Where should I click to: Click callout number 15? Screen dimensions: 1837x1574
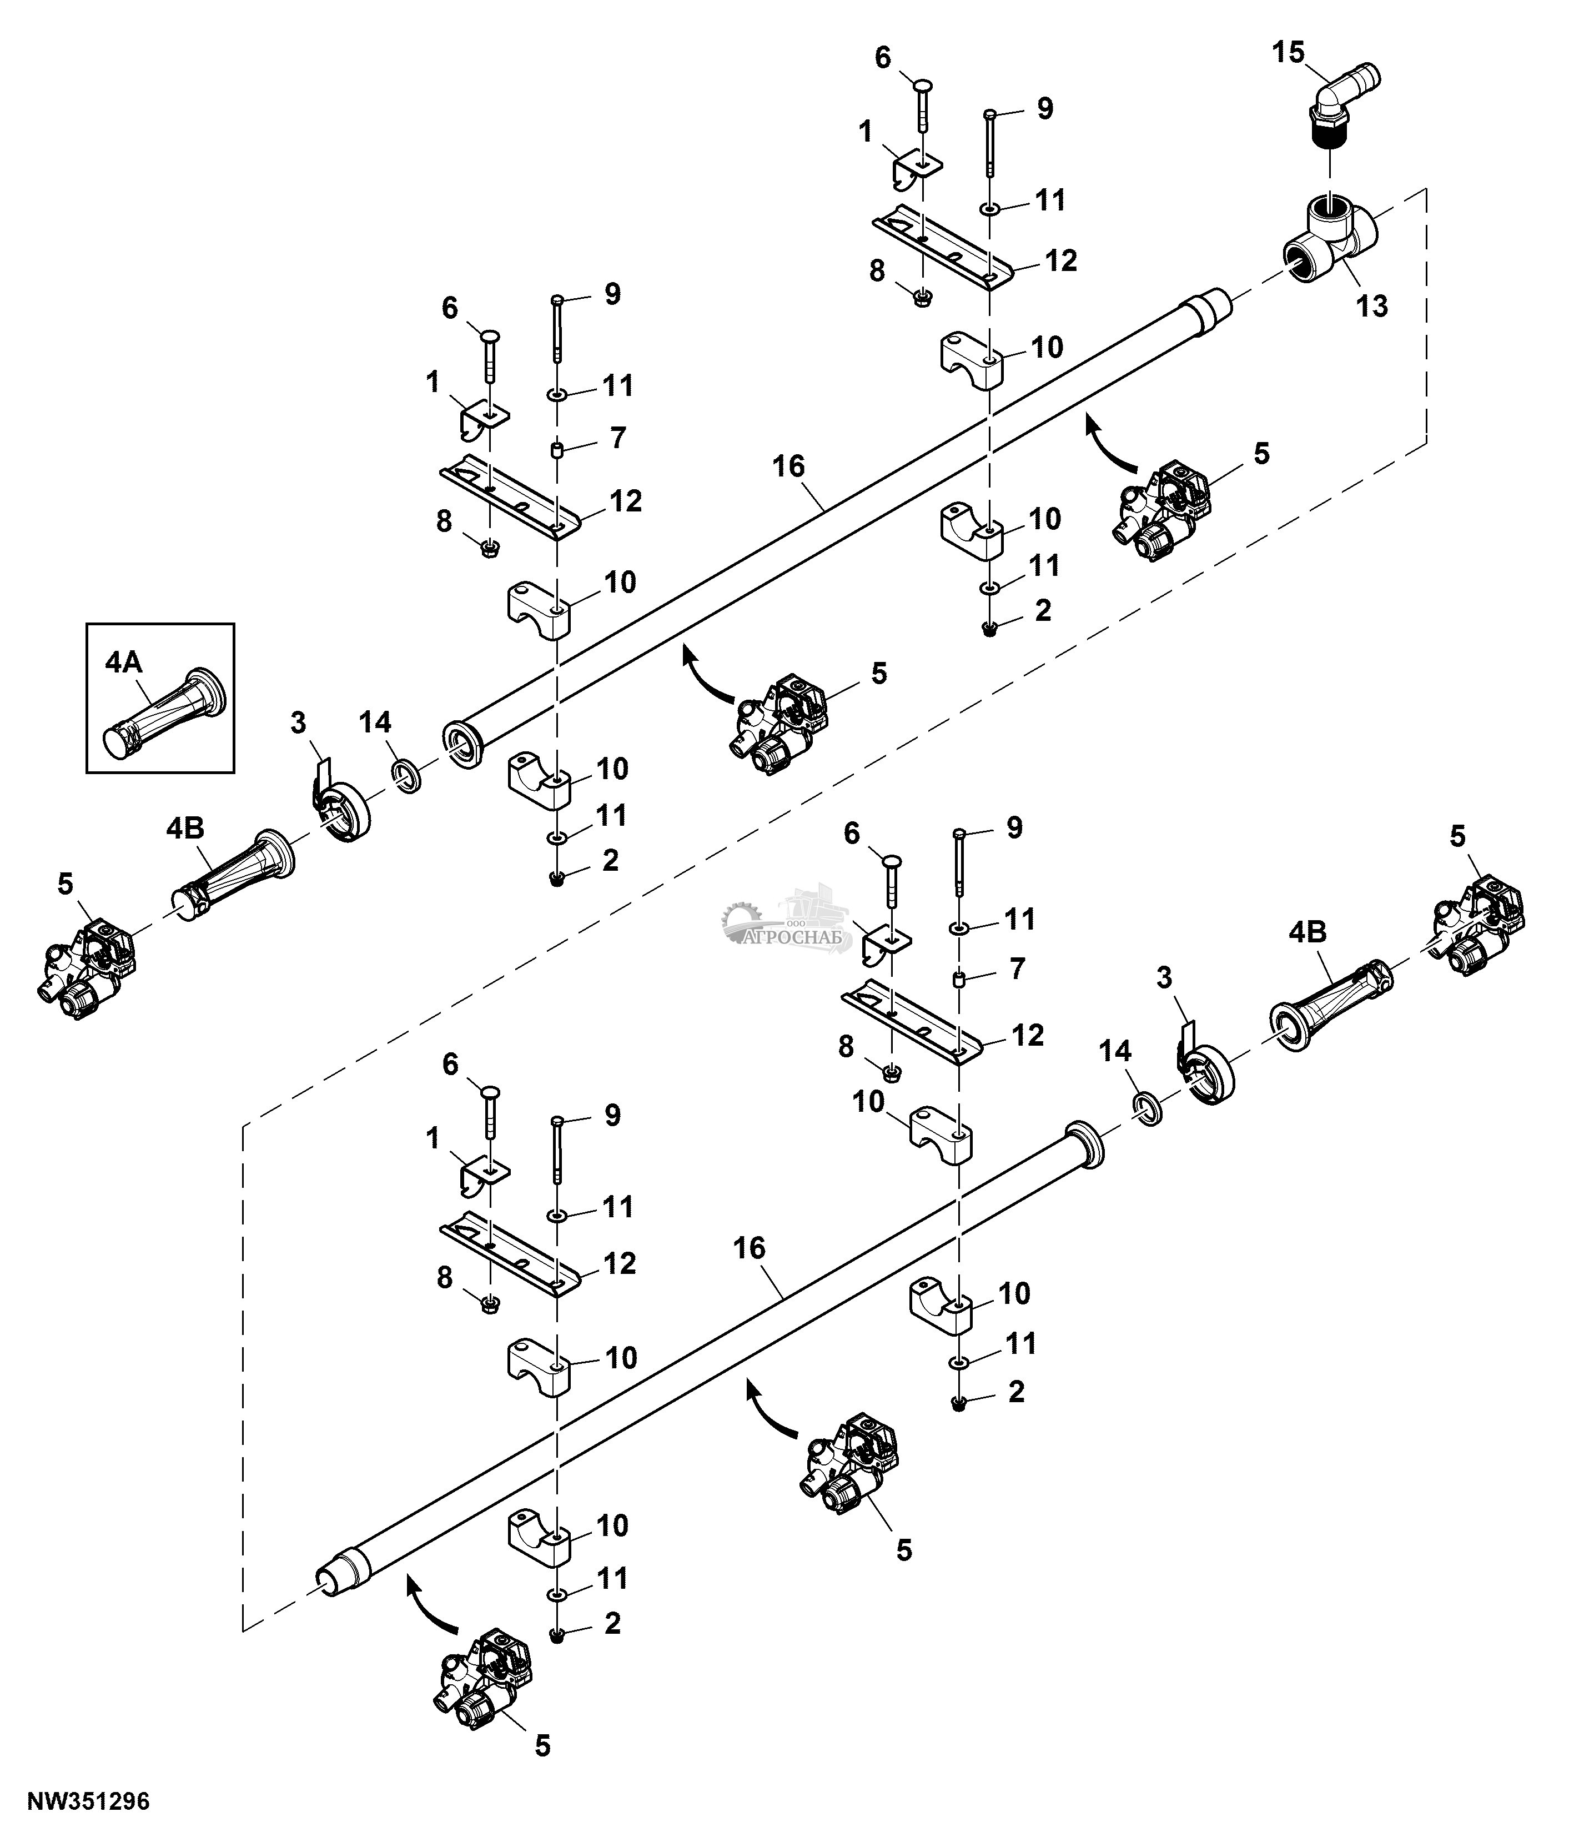click(1289, 53)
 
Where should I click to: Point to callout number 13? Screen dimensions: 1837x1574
click(1372, 307)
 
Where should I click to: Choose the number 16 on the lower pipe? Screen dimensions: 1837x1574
click(749, 1248)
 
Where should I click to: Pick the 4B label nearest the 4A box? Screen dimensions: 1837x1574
click(184, 829)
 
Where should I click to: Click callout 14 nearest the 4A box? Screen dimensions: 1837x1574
click(375, 722)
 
